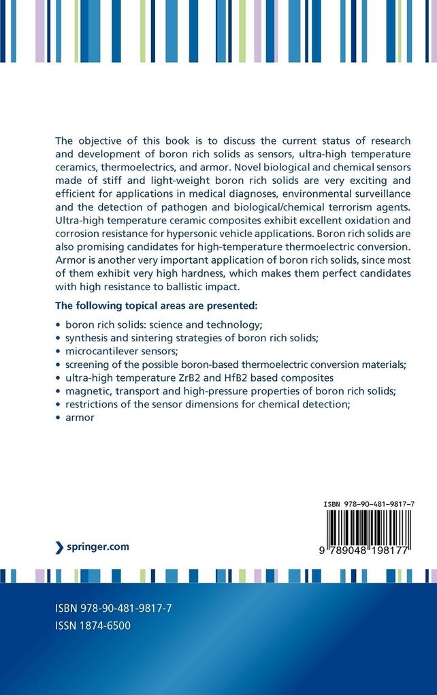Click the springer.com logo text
tap(97, 546)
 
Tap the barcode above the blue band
tap(367, 533)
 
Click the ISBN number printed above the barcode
tap(370, 504)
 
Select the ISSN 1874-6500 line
tap(92, 625)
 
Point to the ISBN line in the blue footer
tap(112, 607)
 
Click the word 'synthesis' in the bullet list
tap(88, 338)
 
